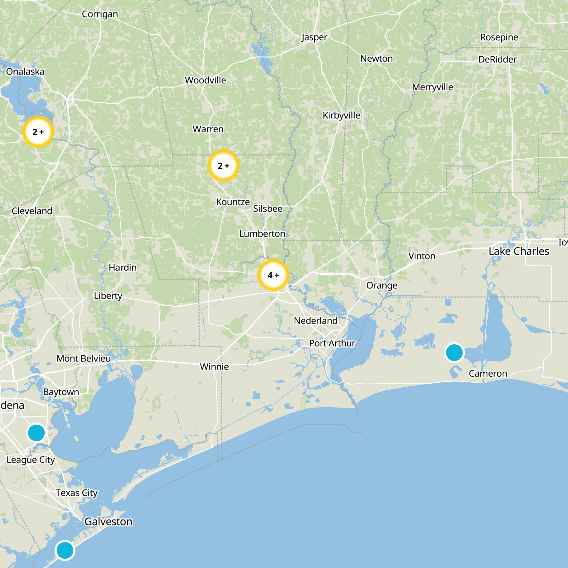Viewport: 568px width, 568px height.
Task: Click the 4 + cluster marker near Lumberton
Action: click(x=273, y=275)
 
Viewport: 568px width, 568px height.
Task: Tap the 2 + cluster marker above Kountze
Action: click(x=223, y=166)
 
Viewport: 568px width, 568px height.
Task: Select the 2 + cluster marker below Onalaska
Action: click(x=38, y=132)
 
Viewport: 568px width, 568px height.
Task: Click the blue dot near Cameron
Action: click(x=454, y=353)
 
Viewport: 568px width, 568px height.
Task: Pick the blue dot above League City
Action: click(x=36, y=433)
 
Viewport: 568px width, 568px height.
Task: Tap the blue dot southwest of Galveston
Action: click(x=65, y=550)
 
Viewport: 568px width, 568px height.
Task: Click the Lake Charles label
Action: click(x=519, y=251)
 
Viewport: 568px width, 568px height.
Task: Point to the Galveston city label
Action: click(x=108, y=521)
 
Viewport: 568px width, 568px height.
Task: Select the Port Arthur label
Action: click(x=332, y=343)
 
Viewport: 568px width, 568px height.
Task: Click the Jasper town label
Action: click(x=314, y=37)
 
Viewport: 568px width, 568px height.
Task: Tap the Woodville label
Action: click(x=205, y=80)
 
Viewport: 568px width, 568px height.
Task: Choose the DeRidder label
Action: click(x=497, y=59)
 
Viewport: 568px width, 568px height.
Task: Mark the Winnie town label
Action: click(x=214, y=367)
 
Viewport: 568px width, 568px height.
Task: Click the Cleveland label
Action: click(x=32, y=211)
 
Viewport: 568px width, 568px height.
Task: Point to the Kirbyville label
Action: click(x=341, y=115)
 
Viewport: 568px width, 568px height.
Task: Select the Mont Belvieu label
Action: click(x=84, y=359)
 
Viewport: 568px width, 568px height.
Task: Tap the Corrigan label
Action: click(x=100, y=14)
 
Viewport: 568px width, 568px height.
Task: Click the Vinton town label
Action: click(x=422, y=256)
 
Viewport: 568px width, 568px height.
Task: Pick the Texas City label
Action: click(x=76, y=493)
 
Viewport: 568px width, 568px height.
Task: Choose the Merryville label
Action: click(x=432, y=87)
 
